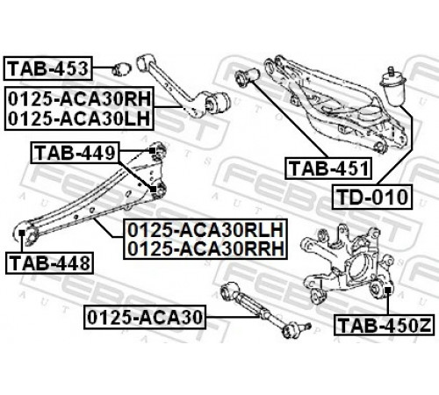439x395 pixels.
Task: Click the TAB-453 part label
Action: pyautogui.click(x=48, y=68)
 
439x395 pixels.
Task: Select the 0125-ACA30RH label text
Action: pyautogui.click(x=79, y=99)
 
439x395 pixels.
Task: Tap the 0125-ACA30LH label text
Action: pyautogui.click(x=79, y=118)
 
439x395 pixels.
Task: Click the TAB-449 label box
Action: pyautogui.click(x=76, y=153)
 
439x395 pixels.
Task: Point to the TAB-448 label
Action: pyautogui.click(x=49, y=262)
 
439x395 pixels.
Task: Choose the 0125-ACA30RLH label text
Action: pyautogui.click(x=205, y=230)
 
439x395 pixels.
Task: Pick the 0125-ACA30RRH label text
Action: pyautogui.click(x=205, y=248)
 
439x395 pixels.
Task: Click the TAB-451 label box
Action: pyautogui.click(x=328, y=169)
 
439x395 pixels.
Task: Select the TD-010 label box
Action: pyautogui.click(x=372, y=197)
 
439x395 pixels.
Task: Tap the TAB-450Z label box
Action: pyautogui.click(x=384, y=325)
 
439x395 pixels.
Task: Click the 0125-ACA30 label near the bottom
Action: pyautogui.click(x=145, y=317)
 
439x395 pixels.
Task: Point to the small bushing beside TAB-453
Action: pyautogui.click(x=122, y=69)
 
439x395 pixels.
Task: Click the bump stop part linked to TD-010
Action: pyautogui.click(x=392, y=87)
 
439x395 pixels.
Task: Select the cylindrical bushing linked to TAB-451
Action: pyautogui.click(x=248, y=77)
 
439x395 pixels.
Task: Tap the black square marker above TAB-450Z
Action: pyautogui.click(x=388, y=290)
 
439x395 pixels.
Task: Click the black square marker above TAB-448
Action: pyautogui.click(x=22, y=233)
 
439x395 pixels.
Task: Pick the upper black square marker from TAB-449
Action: pyautogui.click(x=152, y=151)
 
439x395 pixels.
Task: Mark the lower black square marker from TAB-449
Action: pyautogui.click(x=153, y=190)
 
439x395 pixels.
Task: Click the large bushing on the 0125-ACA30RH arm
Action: pyautogui.click(x=218, y=103)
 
